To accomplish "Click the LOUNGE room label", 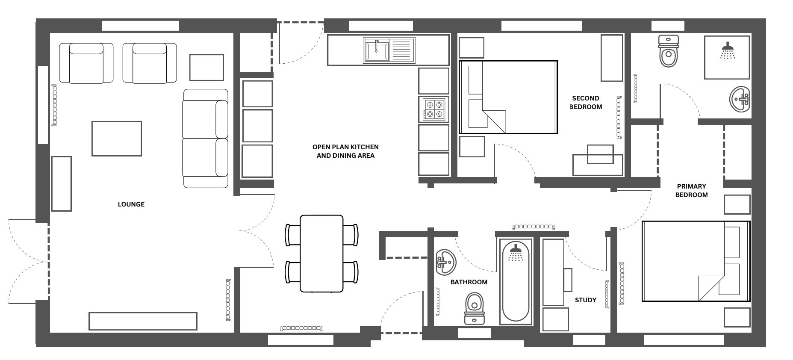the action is (131, 204).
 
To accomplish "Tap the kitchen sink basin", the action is (377, 50).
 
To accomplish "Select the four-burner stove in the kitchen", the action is (434, 109).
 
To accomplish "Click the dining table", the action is (321, 254).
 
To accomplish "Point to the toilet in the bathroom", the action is (475, 308).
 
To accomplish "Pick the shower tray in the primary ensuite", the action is (727, 57).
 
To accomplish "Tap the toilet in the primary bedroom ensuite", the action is (669, 51).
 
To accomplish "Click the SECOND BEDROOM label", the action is (586, 103).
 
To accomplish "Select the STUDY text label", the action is (586, 300).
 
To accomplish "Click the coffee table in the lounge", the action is (117, 139).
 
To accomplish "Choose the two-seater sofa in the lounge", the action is (205, 138).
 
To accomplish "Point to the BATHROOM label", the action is (469, 282).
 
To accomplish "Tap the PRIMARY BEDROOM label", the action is (691, 191).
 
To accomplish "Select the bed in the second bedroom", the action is (508, 97).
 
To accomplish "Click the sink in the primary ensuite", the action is (740, 100).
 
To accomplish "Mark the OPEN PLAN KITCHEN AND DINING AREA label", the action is (345, 151).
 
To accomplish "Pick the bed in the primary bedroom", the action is (696, 261).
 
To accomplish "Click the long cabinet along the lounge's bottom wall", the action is (143, 321).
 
